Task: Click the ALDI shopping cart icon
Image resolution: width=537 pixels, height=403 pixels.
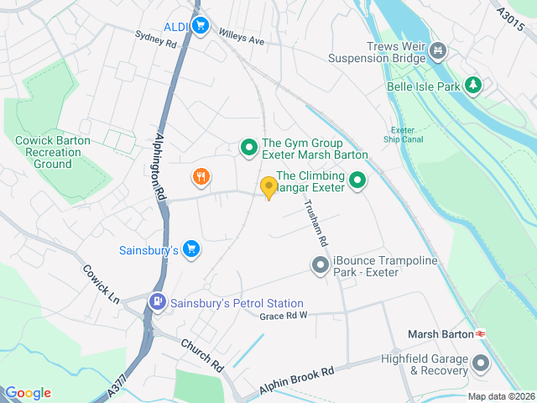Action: pos(199,26)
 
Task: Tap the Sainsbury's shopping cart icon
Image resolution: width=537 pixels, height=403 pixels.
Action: pos(191,249)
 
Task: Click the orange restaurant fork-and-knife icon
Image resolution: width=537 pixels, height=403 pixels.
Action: pos(200,176)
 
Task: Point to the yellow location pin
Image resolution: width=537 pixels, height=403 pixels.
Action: pos(268,187)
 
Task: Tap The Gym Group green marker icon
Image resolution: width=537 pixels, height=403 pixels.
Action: pos(248,149)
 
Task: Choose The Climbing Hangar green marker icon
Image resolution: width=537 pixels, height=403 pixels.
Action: pos(357,180)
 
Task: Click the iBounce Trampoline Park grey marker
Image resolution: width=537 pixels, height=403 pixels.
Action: pos(320,266)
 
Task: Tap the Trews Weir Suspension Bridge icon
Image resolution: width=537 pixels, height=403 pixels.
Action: pos(436,52)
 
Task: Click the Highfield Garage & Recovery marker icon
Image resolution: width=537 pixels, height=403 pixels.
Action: pos(481,364)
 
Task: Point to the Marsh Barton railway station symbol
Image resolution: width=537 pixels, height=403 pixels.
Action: pos(482,333)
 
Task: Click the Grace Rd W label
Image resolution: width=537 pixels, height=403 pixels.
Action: pos(284,316)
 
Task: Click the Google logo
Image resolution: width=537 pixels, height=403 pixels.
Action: pos(29,393)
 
